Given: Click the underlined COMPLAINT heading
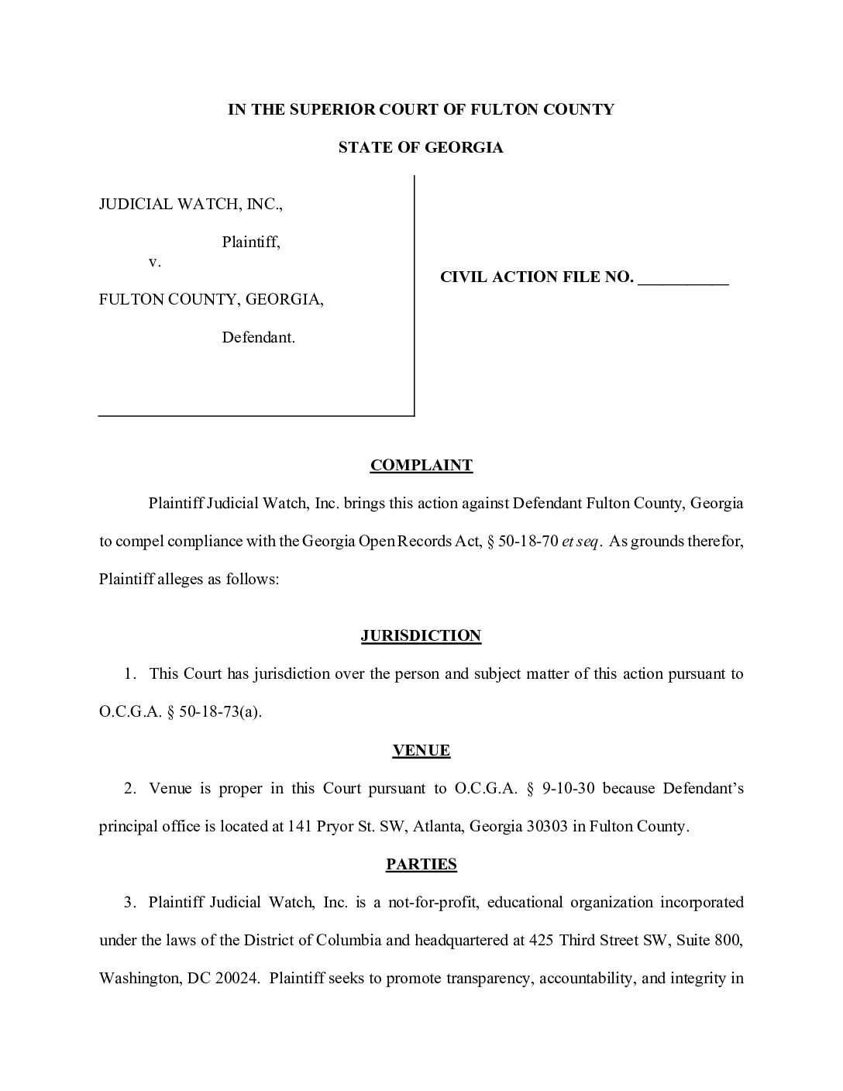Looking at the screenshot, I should (421, 465).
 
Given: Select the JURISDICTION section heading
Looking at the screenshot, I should (421, 635).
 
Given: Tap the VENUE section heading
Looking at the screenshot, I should (421, 750).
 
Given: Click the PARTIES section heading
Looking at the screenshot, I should (421, 864).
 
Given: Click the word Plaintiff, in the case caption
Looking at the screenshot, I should (251, 243).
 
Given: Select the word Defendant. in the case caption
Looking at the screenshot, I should (259, 338).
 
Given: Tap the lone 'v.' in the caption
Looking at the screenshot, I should (155, 262).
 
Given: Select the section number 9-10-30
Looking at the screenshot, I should (569, 788).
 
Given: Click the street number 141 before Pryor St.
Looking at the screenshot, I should (300, 826).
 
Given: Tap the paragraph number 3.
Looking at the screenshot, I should (129, 902).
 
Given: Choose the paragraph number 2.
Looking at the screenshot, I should (129, 788).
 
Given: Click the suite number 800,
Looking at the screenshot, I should (729, 940).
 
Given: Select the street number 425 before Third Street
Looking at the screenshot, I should (541, 940).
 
